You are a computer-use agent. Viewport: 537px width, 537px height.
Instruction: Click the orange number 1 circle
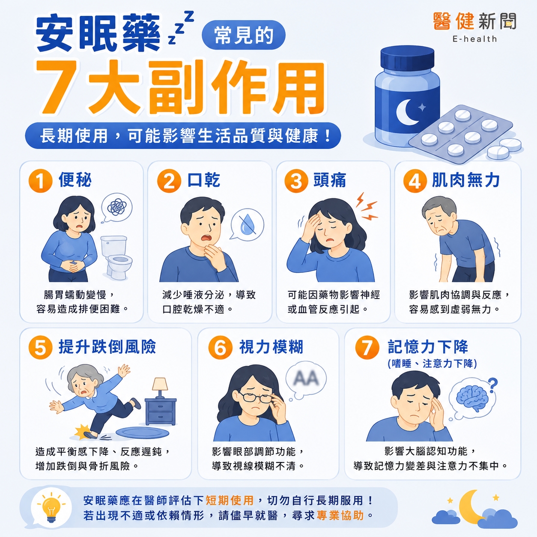41,181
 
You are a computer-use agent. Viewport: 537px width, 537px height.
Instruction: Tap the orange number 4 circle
415,181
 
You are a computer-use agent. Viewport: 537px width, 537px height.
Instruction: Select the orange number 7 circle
367,347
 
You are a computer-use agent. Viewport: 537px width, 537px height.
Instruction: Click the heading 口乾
204,180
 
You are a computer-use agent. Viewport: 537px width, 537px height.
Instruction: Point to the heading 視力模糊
271,347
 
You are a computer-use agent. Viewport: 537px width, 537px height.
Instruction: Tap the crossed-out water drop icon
248,225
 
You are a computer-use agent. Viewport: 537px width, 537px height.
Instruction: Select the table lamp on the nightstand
160,388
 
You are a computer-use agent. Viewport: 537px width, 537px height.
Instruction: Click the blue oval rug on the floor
143,433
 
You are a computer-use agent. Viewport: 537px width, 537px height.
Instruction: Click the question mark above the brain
493,385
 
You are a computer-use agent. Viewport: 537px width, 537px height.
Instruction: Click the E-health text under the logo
474,39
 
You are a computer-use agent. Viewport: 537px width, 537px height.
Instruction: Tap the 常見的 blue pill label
244,36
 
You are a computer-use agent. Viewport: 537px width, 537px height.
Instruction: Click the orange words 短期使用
230,501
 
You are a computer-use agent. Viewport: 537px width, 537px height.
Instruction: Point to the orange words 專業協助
340,516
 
